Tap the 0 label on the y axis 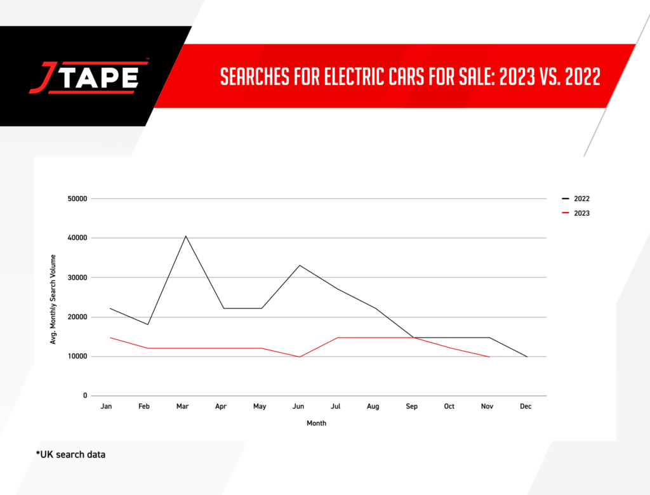[84, 396]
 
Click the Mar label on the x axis [183, 406]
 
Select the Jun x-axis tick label [297, 406]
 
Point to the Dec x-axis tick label [526, 406]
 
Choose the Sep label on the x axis [411, 406]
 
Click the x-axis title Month [316, 423]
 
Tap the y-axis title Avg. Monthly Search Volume [53, 299]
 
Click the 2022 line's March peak [186, 236]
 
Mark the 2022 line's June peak [300, 265]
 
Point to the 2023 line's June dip [300, 357]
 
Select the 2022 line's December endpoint [527, 357]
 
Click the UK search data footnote [70, 454]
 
